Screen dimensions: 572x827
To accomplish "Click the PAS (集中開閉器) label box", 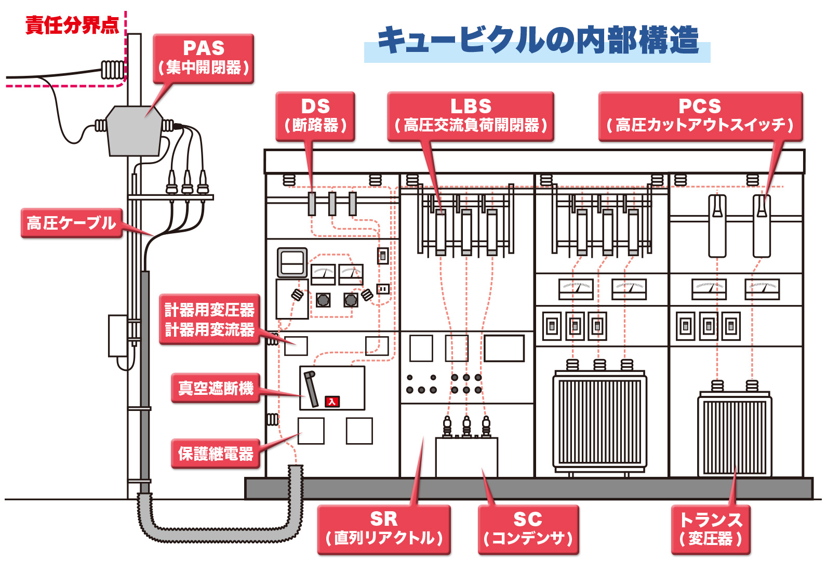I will click(203, 58).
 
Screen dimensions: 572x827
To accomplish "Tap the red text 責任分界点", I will click(72, 25).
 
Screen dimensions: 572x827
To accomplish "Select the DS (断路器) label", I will click(315, 115).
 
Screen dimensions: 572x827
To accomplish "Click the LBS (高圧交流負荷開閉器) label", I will click(471, 115).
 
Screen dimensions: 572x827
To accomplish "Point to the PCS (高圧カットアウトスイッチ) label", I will click(700, 115).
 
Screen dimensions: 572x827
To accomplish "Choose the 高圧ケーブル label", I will click(72, 223).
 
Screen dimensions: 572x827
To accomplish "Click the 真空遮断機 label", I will click(216, 388).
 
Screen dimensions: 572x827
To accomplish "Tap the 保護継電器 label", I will click(216, 454).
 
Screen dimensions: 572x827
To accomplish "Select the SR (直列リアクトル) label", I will click(383, 528).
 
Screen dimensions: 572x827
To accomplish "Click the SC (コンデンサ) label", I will click(528, 528).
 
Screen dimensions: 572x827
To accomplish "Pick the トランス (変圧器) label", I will click(711, 528).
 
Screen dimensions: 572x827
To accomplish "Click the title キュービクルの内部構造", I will click(538, 41).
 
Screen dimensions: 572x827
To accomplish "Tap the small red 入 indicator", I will click(332, 402).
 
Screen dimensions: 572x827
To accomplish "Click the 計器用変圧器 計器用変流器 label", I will click(209, 320).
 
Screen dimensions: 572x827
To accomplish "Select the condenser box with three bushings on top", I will click(466, 456).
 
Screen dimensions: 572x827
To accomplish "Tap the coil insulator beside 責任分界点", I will click(113, 69).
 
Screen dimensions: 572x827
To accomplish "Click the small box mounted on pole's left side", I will click(118, 336).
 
